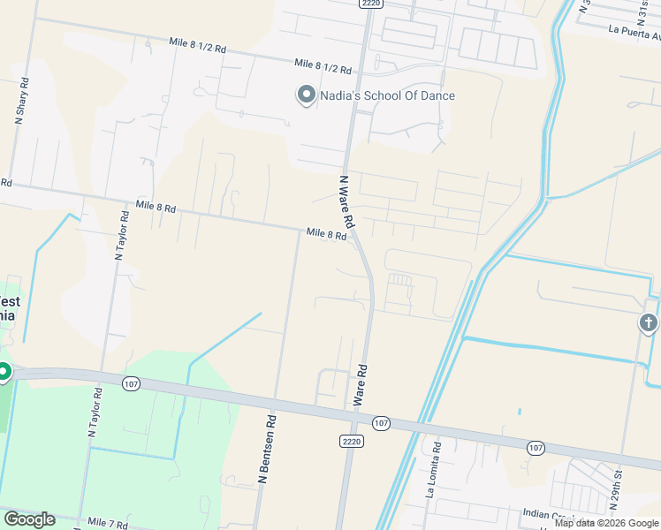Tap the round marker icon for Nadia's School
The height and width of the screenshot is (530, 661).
(x=307, y=95)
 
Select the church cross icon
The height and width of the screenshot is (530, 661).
(x=649, y=323)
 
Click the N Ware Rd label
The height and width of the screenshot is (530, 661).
(x=346, y=201)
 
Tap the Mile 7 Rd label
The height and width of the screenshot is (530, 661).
(x=107, y=524)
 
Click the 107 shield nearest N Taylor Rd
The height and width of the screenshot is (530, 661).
(x=131, y=383)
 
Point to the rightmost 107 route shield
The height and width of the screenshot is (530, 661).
(x=536, y=449)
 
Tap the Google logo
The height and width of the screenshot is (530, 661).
(x=29, y=519)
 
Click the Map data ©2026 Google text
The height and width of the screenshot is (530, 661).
(x=606, y=523)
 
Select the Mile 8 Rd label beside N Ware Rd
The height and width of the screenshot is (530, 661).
(x=325, y=234)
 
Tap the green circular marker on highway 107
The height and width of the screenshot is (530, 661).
(x=4, y=373)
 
